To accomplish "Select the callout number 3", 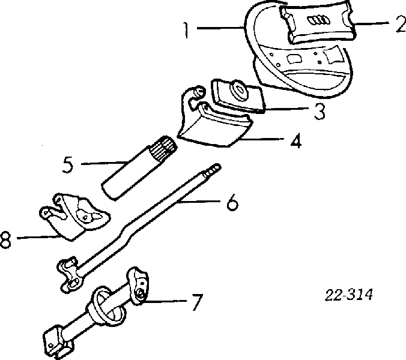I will click(321, 110).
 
